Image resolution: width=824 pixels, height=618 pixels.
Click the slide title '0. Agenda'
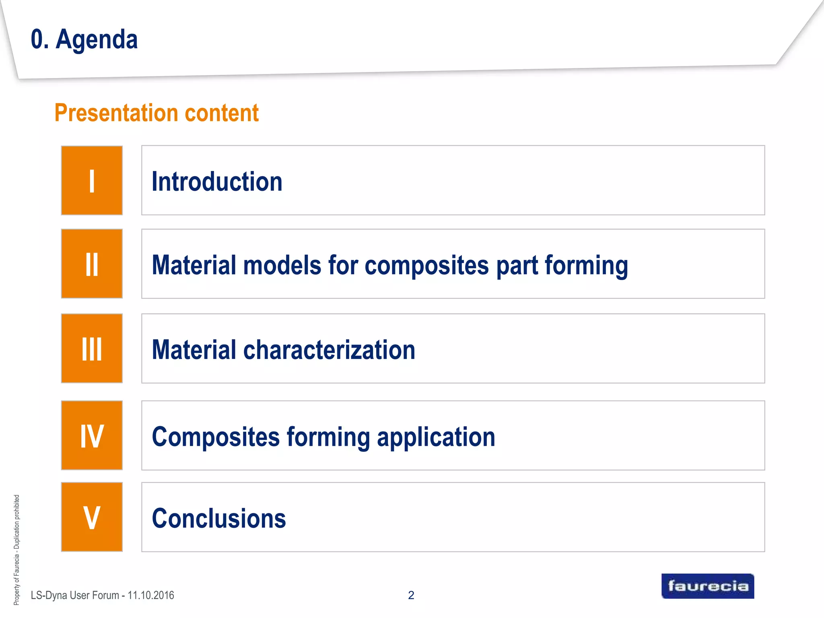coord(84,39)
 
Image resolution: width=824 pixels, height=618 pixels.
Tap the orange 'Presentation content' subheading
coord(157,113)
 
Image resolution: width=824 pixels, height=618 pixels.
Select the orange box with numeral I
coord(92,181)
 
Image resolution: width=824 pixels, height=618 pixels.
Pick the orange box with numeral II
coord(92,264)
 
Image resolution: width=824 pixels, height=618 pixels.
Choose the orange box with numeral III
coord(92,348)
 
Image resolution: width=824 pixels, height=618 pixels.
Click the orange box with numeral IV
coord(92,435)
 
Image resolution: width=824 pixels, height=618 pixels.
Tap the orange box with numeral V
coord(92,517)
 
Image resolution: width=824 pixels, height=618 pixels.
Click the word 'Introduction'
coord(217,181)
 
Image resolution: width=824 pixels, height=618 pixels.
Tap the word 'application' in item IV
coord(436,437)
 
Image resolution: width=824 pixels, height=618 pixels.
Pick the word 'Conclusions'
coord(219,518)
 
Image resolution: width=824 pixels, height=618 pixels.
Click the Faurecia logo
coord(708,586)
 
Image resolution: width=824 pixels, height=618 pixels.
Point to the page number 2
coord(411,595)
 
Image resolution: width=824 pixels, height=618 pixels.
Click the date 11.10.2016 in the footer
coord(151,595)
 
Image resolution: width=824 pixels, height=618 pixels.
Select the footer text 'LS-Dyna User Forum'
coord(75,595)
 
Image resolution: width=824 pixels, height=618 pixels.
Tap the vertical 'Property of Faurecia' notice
coord(16,550)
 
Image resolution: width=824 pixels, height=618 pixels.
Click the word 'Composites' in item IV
coord(216,437)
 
